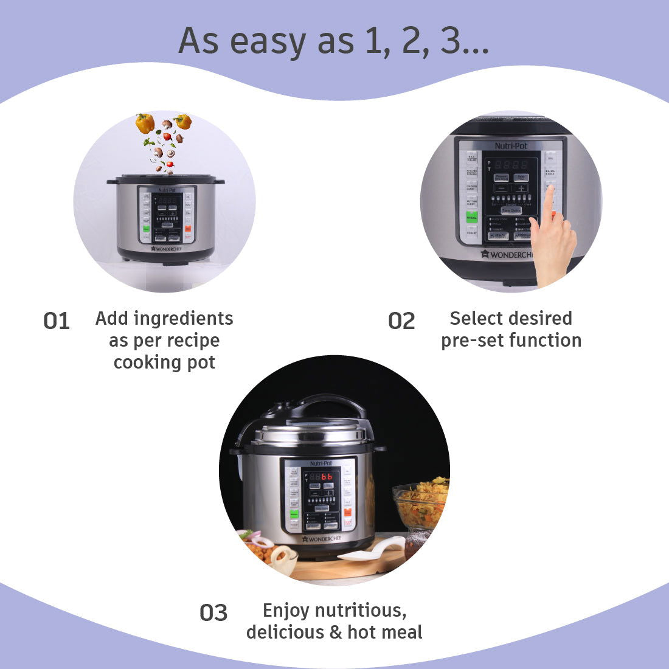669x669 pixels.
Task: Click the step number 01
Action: tap(57, 321)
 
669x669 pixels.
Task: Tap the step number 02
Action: tap(401, 321)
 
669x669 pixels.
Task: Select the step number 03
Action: tap(213, 613)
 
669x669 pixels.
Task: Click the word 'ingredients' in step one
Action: tap(182, 319)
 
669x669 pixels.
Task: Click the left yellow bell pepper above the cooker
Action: tap(145, 123)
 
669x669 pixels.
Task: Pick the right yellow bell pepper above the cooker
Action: tap(182, 121)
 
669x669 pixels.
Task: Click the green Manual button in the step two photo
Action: tap(472, 217)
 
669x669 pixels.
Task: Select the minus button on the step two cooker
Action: tap(501, 189)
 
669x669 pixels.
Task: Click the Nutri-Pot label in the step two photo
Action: tap(510, 146)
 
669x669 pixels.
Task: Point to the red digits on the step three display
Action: tap(327, 477)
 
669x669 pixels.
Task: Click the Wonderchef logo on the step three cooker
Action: tap(322, 538)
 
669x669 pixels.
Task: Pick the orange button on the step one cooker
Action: tap(188, 229)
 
